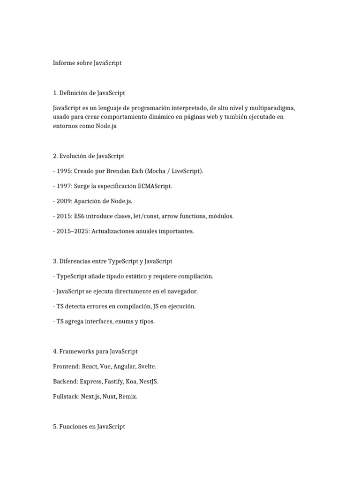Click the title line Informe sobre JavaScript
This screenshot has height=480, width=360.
[87, 63]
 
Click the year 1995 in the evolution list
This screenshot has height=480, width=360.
[64, 171]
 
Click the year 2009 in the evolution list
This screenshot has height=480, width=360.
[64, 201]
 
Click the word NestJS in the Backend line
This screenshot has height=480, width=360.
[148, 381]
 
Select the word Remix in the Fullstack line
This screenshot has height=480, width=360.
[128, 396]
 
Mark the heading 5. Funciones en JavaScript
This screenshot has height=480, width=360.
[89, 427]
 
